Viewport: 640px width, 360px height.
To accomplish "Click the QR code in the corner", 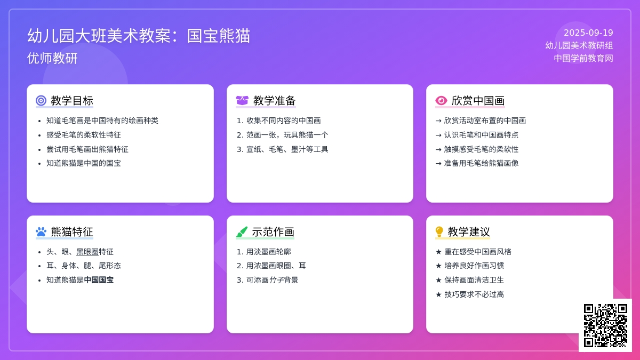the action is click(605, 325).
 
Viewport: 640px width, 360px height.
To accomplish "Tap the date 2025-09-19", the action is click(588, 33).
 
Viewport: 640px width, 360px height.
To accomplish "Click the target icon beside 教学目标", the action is click(41, 101).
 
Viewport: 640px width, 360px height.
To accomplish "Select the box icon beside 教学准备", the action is click(242, 101).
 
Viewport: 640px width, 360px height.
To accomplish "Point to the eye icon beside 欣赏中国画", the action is click(441, 101).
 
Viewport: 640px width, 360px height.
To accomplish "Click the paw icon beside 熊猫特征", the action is click(41, 231).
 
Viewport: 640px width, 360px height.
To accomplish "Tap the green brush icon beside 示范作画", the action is click(242, 231).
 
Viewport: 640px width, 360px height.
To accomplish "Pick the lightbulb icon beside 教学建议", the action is click(439, 231).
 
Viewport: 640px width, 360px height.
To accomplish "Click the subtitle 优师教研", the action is click(52, 58).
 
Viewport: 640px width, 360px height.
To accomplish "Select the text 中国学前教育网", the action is click(583, 58).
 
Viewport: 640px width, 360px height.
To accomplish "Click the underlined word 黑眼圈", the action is click(87, 252).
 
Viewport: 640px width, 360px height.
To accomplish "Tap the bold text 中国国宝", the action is click(99, 280).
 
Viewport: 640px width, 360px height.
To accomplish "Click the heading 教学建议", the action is click(469, 231).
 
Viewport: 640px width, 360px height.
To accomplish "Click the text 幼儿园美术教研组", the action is click(579, 45).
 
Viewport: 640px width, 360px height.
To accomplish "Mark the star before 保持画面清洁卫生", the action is click(438, 280).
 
